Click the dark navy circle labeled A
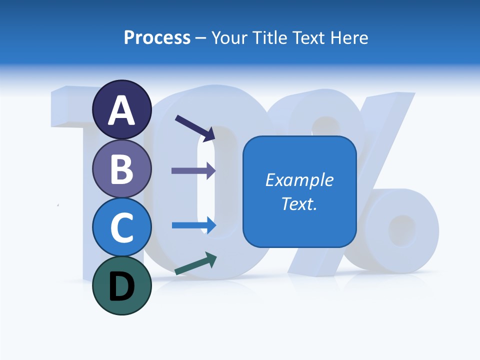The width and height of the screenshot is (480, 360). tap(121, 109)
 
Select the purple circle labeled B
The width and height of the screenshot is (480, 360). tap(121, 168)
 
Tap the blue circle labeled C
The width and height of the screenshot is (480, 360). tap(121, 227)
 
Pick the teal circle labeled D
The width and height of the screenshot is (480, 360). tap(121, 285)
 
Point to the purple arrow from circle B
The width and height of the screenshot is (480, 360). tap(193, 170)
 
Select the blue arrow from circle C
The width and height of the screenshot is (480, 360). tap(194, 225)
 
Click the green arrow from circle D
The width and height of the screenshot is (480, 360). tap(195, 263)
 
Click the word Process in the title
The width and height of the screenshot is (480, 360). tap(157, 38)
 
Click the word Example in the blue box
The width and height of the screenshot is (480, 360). tap(299, 180)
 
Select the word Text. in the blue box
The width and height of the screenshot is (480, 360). tap(299, 203)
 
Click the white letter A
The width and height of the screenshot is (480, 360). tap(121, 110)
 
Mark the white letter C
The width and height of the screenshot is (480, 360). tap(121, 228)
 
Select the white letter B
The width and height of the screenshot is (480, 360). tap(121, 169)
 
